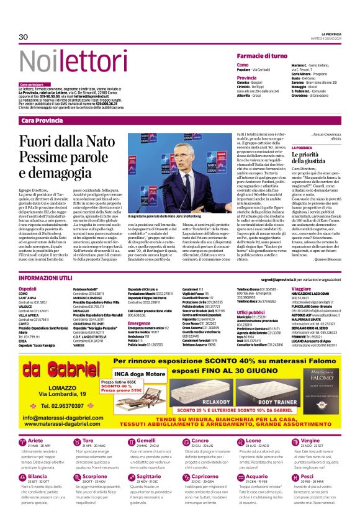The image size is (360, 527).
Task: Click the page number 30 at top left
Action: point(24,37)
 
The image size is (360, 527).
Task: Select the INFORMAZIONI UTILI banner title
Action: point(45,278)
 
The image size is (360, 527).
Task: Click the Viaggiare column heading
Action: point(301,289)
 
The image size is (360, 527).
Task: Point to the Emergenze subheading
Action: point(139,323)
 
